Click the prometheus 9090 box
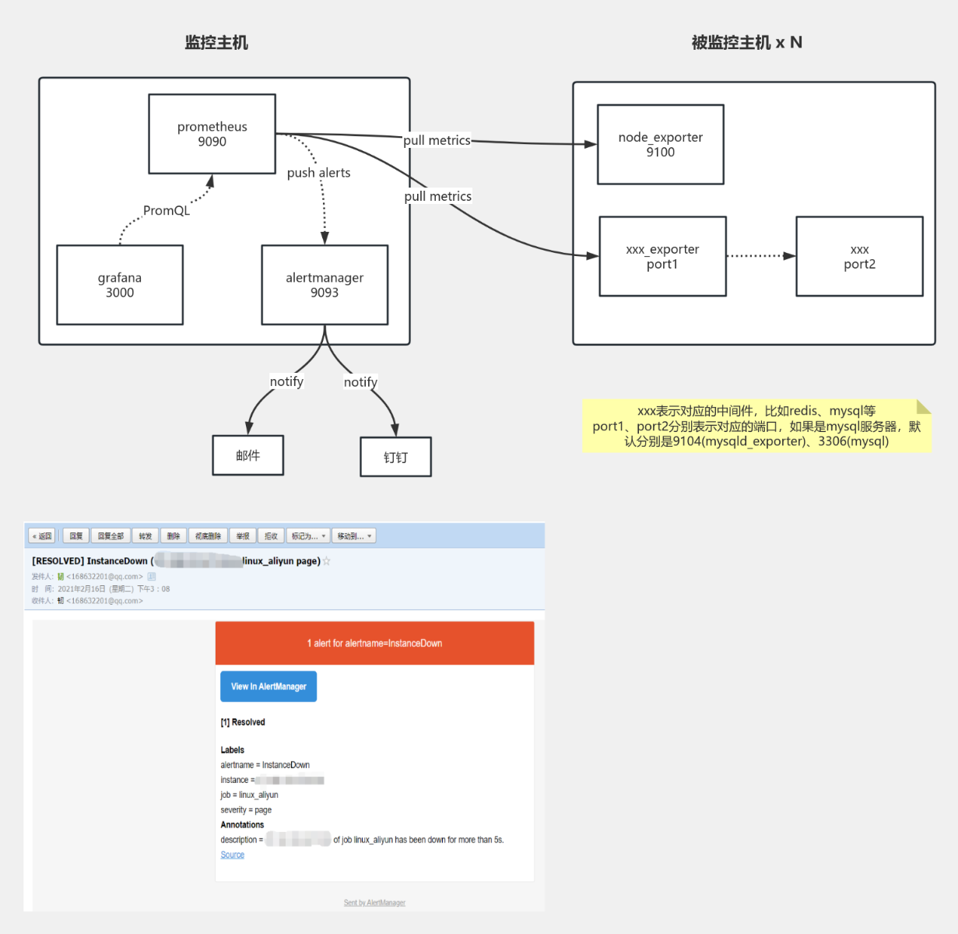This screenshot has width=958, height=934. [x=212, y=134]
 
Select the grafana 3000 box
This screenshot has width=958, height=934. [x=120, y=285]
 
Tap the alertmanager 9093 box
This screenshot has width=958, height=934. [x=325, y=285]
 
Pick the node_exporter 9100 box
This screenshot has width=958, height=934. [x=660, y=145]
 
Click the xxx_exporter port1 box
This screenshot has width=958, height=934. [x=662, y=257]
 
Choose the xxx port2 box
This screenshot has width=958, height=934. [x=859, y=257]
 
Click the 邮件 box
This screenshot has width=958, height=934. [x=247, y=455]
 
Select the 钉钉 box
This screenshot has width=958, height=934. [x=395, y=457]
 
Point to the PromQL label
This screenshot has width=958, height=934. [x=167, y=210]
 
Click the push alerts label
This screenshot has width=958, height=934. [x=318, y=173]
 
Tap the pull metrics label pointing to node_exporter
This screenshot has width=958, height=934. [x=437, y=140]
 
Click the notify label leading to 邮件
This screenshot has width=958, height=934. [x=286, y=381]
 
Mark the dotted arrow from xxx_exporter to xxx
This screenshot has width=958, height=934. [x=760, y=255]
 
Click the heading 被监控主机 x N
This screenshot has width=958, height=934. [x=746, y=43]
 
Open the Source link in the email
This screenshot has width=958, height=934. [x=232, y=855]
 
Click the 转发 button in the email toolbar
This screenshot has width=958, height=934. [x=145, y=535]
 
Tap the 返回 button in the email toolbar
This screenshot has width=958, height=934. [x=42, y=535]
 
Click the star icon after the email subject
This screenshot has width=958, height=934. [x=327, y=561]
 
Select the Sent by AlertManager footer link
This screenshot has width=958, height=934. [x=374, y=903]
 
